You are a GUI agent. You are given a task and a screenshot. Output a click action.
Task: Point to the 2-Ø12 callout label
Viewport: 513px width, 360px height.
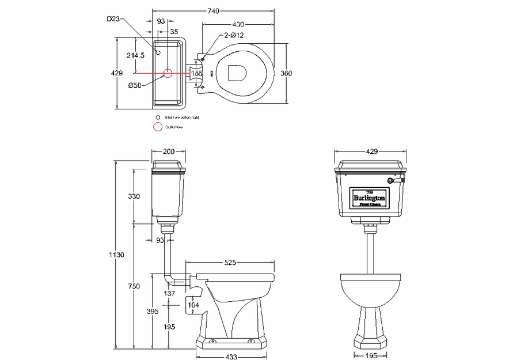pos(218,36)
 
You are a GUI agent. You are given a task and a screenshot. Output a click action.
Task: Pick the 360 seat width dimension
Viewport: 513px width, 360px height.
pos(286,73)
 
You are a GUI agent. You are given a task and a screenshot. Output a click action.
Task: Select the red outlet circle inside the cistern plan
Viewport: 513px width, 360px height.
pos(168,73)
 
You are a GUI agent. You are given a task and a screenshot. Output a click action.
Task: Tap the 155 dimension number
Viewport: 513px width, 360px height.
pos(197,73)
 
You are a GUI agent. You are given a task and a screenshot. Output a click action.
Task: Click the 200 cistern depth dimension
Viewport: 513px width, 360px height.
pos(168,151)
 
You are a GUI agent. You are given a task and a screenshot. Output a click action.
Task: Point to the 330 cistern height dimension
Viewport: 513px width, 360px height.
pos(134,196)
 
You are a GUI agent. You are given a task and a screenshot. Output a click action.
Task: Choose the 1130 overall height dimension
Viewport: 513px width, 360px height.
pos(116,255)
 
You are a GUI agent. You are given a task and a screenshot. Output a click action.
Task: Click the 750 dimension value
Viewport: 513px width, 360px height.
pos(134,286)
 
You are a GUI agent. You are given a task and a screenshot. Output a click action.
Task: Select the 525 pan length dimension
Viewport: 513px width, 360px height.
pos(230,263)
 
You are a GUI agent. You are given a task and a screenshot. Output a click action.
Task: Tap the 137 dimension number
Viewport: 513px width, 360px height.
pos(170,294)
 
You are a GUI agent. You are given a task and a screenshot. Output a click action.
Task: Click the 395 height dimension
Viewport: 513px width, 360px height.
pos(152,312)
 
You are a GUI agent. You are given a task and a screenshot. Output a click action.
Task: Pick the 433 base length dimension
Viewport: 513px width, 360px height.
pos(231,357)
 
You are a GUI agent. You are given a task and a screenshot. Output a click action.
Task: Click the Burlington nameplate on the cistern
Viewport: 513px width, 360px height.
pos(371,198)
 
